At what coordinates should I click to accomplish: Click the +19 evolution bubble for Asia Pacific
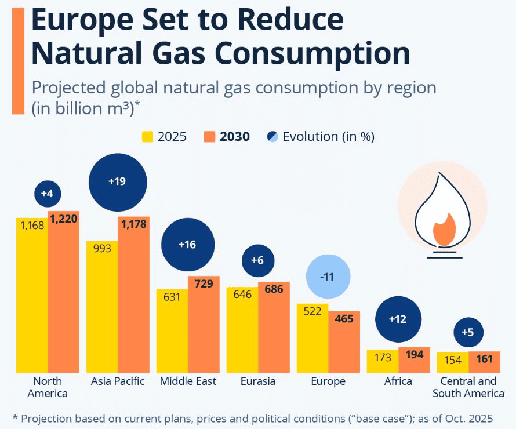pyautogui.click(x=118, y=181)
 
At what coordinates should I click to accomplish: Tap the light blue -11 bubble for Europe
pyautogui.click(x=328, y=277)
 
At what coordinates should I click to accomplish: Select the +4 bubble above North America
pyautogui.click(x=48, y=194)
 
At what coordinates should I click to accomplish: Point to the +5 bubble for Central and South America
pyautogui.click(x=467, y=332)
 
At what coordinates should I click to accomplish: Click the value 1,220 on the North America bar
pyautogui.click(x=63, y=219)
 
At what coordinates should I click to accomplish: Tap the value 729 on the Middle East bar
pyautogui.click(x=204, y=284)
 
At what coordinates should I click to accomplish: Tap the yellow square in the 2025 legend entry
pyautogui.click(x=148, y=137)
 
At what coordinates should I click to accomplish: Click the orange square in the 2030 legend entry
pyautogui.click(x=210, y=137)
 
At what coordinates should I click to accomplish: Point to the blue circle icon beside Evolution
pyautogui.click(x=272, y=137)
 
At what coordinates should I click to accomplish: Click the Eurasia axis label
pyautogui.click(x=258, y=381)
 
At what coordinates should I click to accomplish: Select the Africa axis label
pyautogui.click(x=398, y=381)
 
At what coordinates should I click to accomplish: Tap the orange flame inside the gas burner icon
pyautogui.click(x=444, y=228)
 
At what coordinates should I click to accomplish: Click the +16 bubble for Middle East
pyautogui.click(x=187, y=245)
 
